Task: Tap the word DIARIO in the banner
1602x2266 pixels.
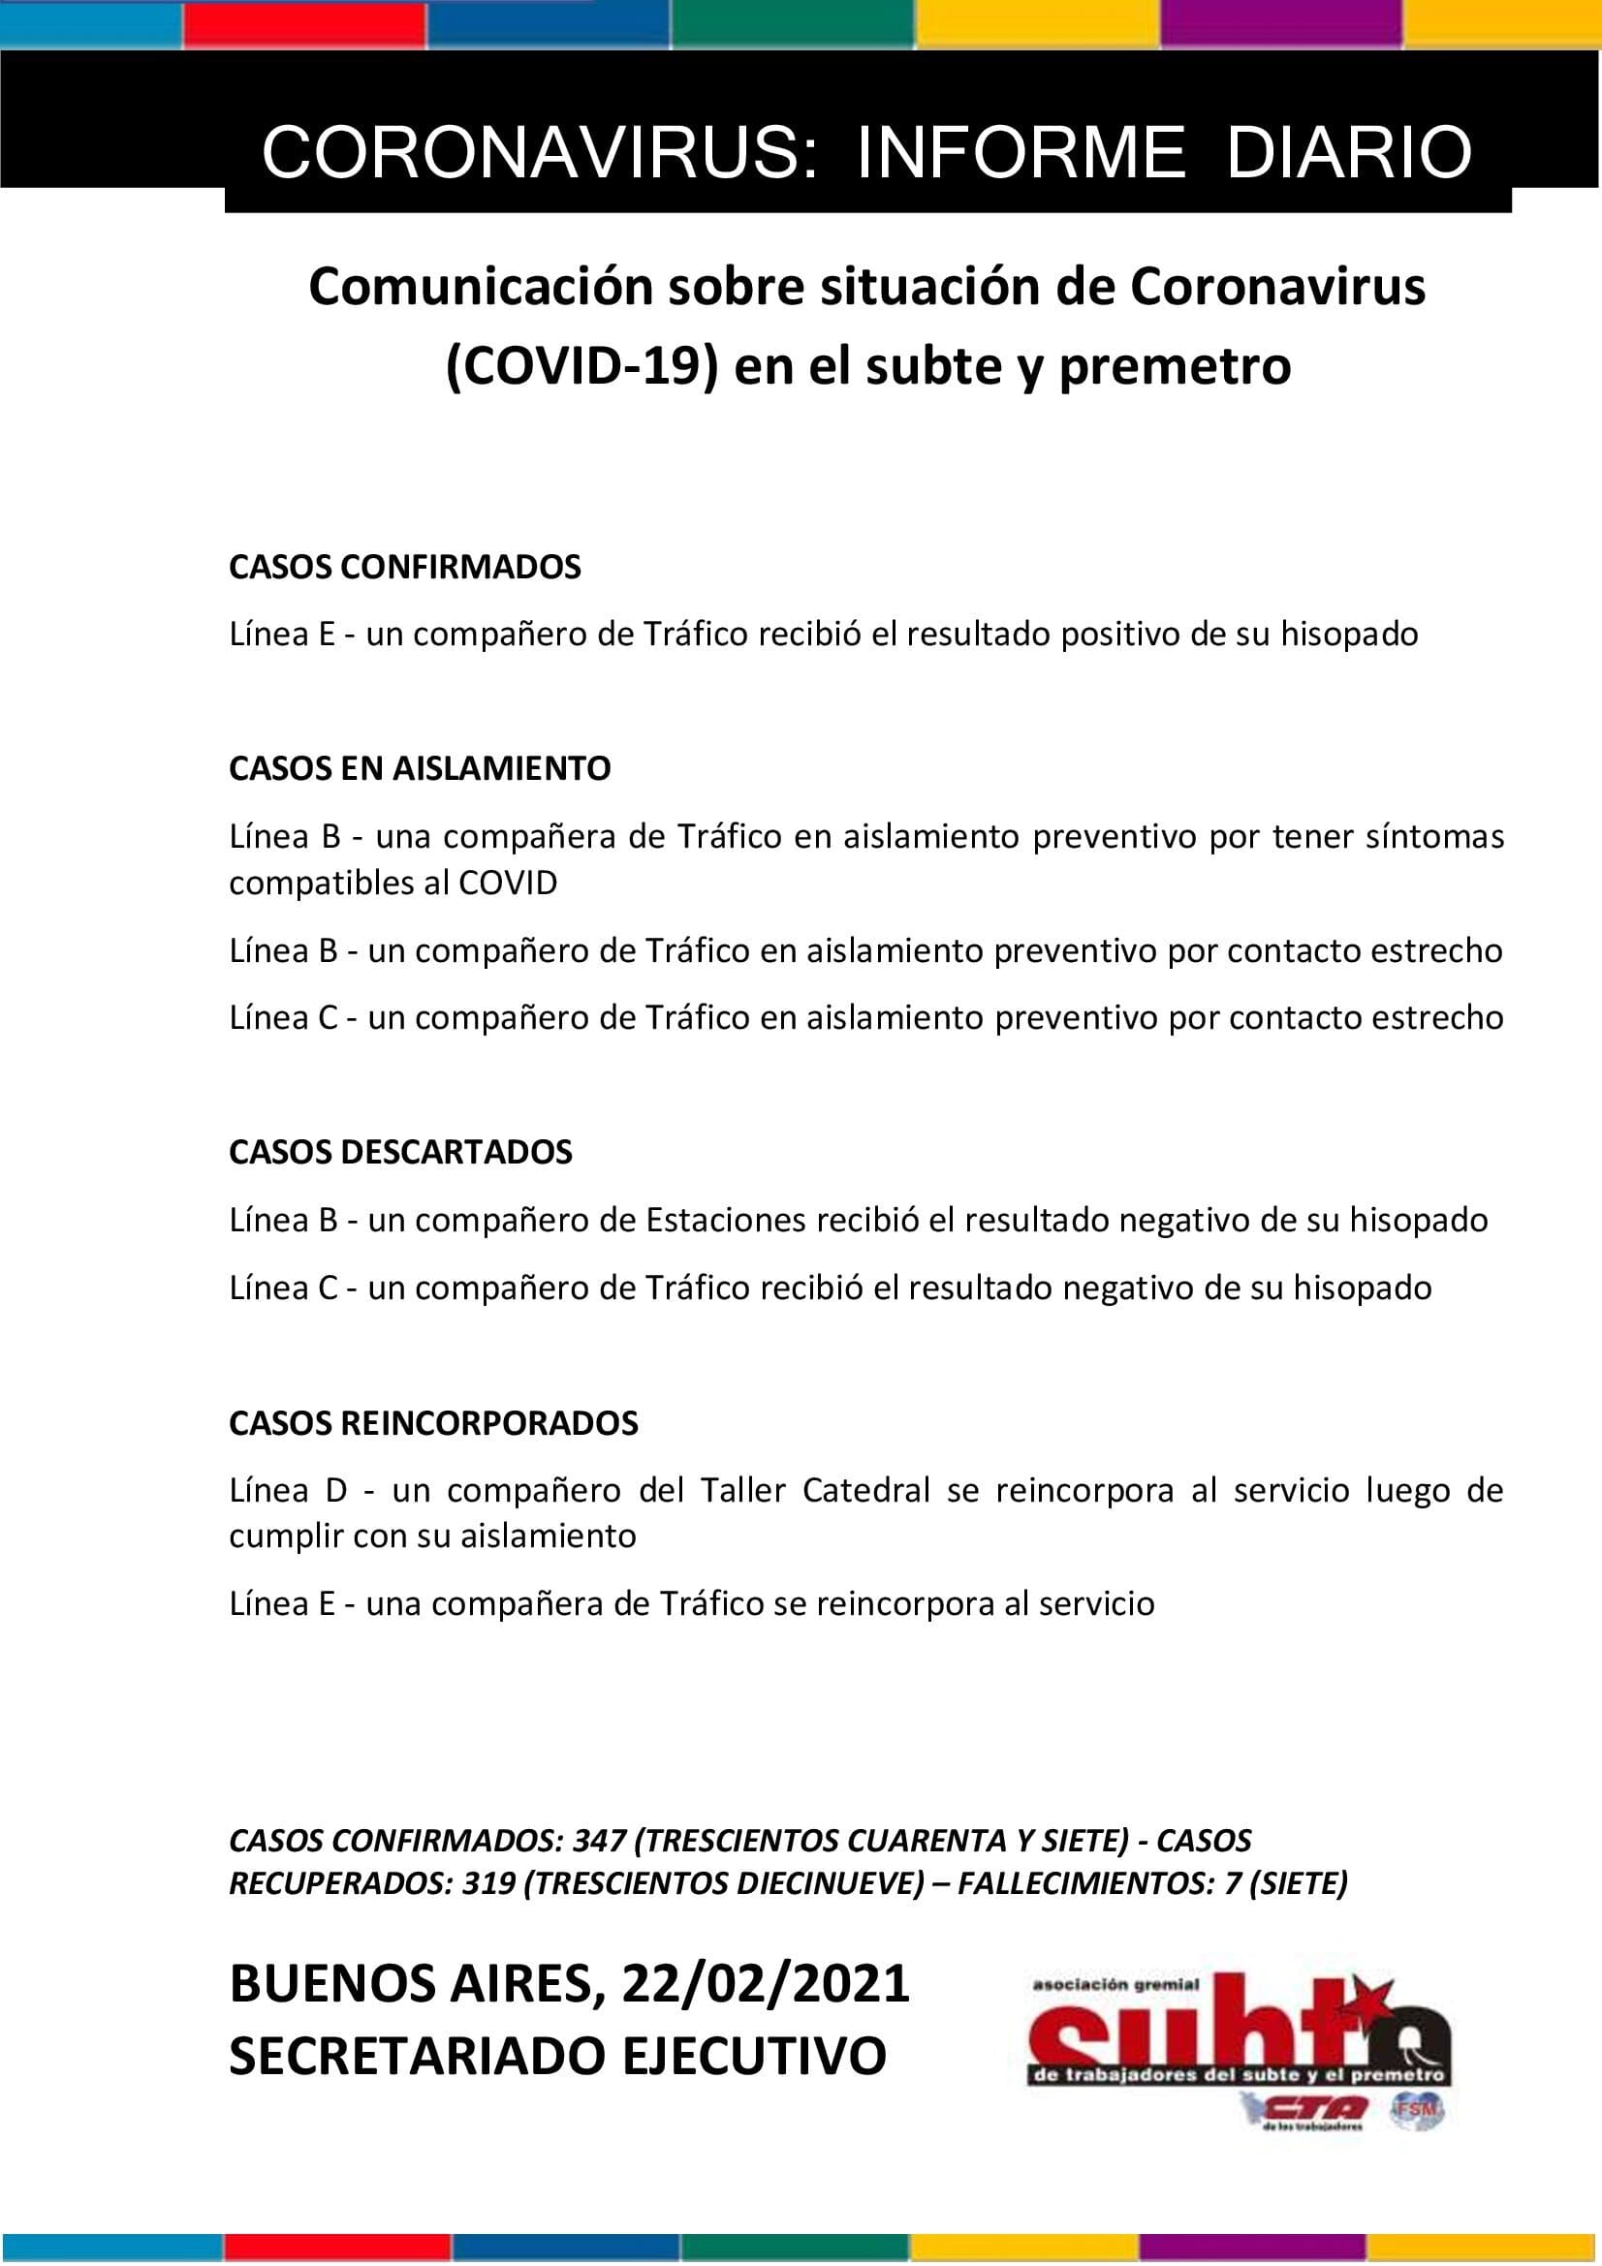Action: [1348, 153]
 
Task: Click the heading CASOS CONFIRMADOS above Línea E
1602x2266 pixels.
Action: [405, 568]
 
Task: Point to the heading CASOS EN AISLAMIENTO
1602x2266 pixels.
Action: [420, 768]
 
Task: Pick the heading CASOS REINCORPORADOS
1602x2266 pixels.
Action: [433, 1422]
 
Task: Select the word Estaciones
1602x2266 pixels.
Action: [726, 1221]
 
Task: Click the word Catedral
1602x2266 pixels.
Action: [865, 1490]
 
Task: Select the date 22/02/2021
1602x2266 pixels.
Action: [765, 1984]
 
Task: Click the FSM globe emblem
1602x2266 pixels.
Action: [1418, 2109]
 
